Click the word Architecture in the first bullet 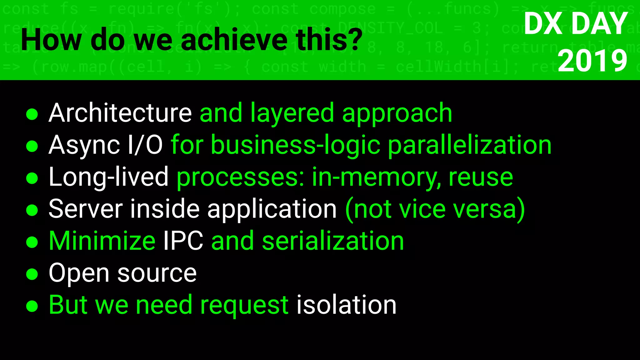120,113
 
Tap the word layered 292,113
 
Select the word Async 84,145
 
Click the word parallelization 469,145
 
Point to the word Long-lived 108,177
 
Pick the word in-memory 376,177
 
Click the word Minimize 102,241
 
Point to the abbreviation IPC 183,241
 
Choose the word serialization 333,241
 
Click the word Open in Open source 79,273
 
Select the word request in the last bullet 244,305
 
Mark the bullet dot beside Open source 32,274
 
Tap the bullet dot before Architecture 32,114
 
